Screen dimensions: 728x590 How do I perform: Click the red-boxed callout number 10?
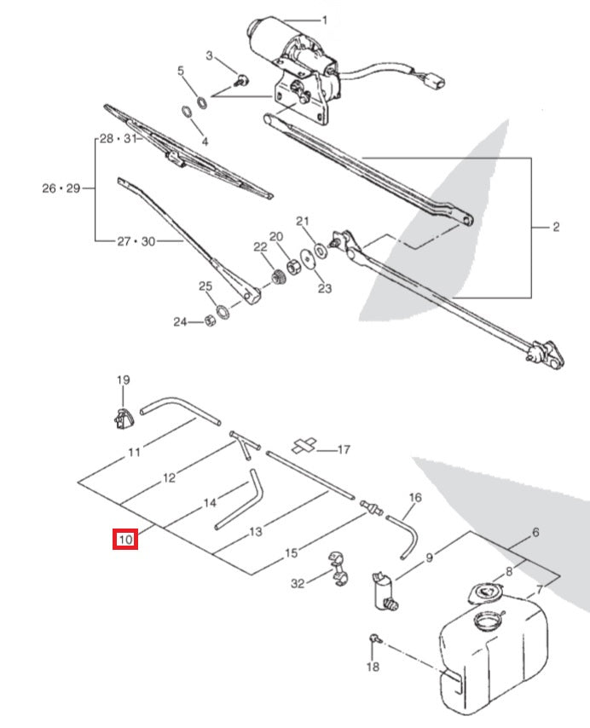click(125, 540)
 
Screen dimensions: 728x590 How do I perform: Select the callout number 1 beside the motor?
click(324, 20)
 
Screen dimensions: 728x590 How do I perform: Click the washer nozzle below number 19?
click(123, 418)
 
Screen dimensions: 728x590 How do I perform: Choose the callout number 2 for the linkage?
click(555, 227)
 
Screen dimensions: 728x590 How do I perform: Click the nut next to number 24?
click(209, 321)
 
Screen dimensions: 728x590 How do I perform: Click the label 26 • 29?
click(60, 188)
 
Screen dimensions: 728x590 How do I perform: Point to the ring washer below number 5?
click(187, 112)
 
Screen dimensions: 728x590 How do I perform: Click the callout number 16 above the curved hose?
click(415, 498)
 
